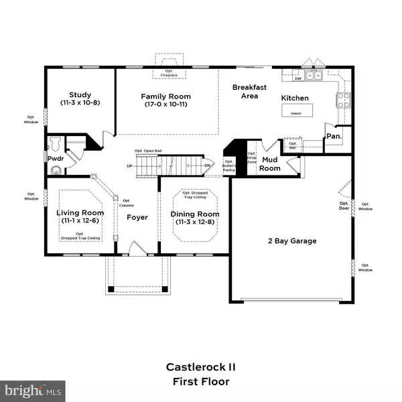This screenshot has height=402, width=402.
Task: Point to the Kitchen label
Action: (x=295, y=98)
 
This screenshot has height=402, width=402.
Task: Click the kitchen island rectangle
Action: (x=295, y=113)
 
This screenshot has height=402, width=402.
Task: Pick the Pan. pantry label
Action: (x=333, y=136)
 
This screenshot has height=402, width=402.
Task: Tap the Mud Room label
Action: (x=270, y=164)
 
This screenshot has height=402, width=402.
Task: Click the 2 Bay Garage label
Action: (x=291, y=241)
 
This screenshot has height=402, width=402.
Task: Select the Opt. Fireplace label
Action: (x=163, y=72)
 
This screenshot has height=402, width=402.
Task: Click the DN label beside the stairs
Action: (x=208, y=165)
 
